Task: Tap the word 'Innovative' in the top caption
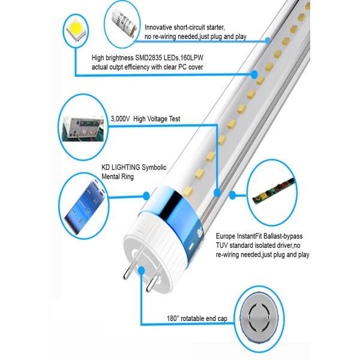pyautogui.click(x=160, y=28)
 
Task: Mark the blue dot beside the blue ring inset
pyautogui.click(x=145, y=195)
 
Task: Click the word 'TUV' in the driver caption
pyautogui.click(x=223, y=247)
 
